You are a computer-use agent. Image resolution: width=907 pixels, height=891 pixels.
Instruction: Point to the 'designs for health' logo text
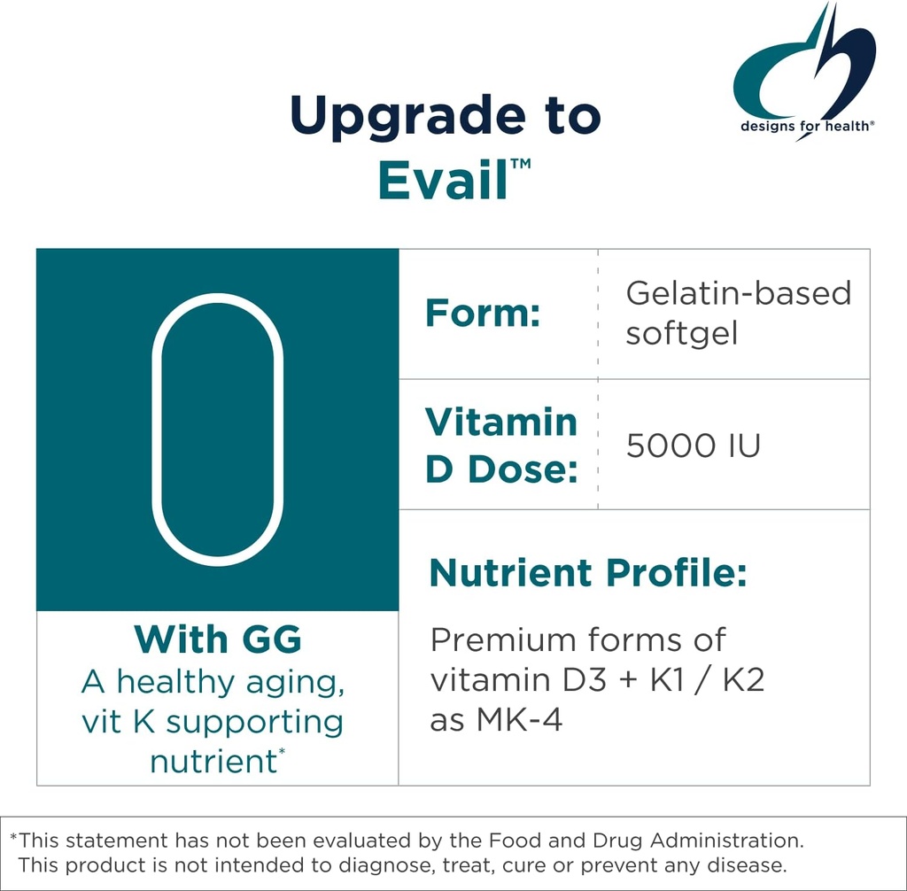click(x=808, y=126)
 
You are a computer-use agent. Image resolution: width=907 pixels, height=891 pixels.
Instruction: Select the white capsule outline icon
click(x=218, y=430)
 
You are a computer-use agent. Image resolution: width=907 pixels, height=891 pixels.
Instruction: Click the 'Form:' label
click(x=483, y=313)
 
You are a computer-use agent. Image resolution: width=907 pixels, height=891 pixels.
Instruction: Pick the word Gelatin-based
click(x=738, y=293)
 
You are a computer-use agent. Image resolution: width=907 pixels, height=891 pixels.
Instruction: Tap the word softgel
click(x=681, y=334)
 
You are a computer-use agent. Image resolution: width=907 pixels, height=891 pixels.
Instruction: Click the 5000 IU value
click(x=693, y=445)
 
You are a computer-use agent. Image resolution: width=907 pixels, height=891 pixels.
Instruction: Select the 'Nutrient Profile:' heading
click(x=588, y=573)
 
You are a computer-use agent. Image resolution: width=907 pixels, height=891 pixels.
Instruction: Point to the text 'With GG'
click(x=218, y=639)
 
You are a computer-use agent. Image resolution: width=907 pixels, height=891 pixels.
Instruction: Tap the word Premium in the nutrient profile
click(x=499, y=639)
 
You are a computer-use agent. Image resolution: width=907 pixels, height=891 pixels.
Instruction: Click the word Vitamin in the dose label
click(x=501, y=422)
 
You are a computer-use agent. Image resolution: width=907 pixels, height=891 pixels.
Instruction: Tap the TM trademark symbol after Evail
click(x=521, y=165)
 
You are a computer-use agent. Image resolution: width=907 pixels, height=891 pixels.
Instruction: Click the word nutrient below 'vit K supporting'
click(x=213, y=761)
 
